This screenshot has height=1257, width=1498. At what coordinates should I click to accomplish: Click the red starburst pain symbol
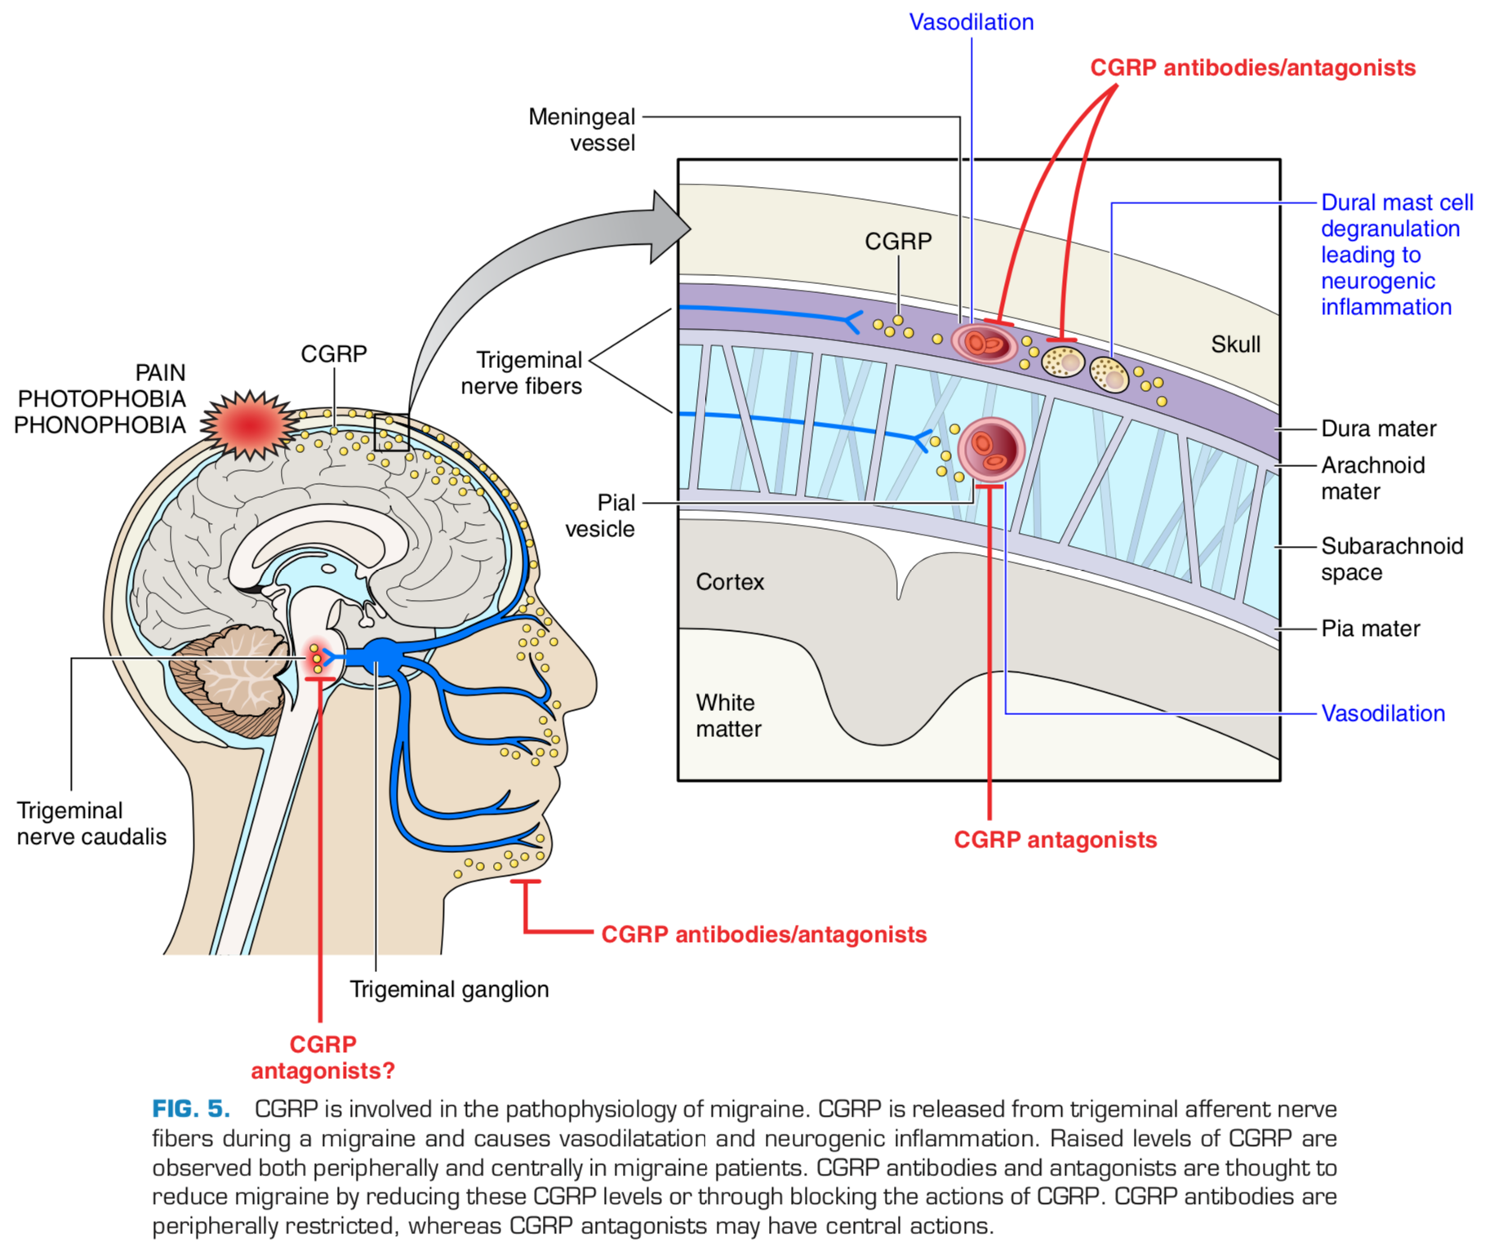[x=250, y=424]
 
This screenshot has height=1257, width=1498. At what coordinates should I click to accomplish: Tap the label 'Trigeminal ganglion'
[x=449, y=989]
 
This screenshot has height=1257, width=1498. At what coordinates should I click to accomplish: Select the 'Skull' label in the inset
[x=1235, y=344]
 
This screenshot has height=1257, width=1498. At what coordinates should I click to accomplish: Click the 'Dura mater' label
[x=1378, y=429]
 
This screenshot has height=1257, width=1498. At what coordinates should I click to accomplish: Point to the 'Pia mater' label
[x=1371, y=628]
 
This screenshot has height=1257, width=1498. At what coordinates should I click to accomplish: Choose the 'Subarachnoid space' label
[x=1391, y=559]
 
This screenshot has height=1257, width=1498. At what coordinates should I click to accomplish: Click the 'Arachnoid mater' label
[x=1372, y=478]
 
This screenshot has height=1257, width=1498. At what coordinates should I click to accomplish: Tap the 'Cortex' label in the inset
[x=730, y=582]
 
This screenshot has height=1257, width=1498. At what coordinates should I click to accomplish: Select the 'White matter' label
[x=727, y=716]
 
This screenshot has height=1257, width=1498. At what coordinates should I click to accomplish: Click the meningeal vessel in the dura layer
[x=983, y=343]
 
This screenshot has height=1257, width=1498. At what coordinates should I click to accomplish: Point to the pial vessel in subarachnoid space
[x=991, y=450]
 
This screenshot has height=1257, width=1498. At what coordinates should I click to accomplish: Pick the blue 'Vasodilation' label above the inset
[x=971, y=22]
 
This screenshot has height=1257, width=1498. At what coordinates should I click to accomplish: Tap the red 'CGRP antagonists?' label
[x=322, y=1058]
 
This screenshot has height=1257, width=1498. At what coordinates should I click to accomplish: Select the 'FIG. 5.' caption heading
[x=191, y=1108]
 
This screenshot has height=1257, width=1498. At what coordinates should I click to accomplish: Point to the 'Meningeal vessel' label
[x=581, y=130]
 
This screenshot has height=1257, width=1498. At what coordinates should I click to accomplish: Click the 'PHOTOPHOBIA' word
[x=102, y=399]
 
